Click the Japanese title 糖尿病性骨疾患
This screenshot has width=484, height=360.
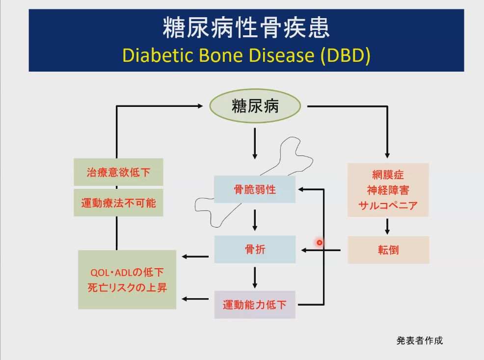pos(246,27)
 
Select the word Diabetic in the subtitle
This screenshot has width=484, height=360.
pos(158,55)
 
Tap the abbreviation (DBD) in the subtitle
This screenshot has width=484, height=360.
pos(346,55)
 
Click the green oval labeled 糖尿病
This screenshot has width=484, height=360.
pos(255,106)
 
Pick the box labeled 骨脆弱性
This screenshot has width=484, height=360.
pos(255,189)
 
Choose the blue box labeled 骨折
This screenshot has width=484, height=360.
pos(255,249)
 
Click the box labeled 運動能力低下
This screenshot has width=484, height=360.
pos(255,305)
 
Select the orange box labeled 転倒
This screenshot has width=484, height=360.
pos(388,250)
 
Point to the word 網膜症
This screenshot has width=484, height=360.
pos(388,175)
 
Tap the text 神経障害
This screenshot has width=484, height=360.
pos(388,190)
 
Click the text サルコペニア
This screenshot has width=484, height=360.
pos(388,206)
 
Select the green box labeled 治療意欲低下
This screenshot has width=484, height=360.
pos(118,172)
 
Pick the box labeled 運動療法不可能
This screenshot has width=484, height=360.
pos(118,203)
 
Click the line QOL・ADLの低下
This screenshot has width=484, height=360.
pos(127,272)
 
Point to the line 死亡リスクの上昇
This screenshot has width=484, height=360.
pos(127,287)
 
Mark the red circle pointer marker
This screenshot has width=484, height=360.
pos(320,243)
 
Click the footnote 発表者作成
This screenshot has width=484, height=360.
pos(420,340)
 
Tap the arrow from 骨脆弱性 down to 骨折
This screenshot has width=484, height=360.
pos(255,220)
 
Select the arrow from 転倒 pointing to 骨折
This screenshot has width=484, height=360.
pos(321,250)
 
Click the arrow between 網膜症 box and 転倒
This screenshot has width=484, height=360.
pos(387,227)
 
